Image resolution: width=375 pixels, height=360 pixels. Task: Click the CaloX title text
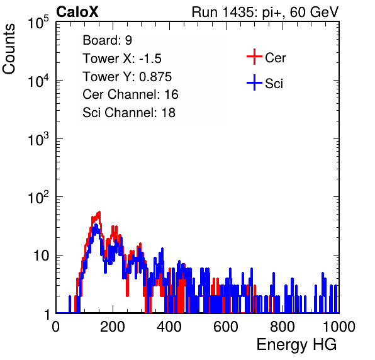tap(77, 12)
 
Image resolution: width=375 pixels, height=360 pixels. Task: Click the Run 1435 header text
tap(266, 12)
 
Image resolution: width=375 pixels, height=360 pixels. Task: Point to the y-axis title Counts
tap(9, 49)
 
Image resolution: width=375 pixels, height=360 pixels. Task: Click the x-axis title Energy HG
tap(296, 345)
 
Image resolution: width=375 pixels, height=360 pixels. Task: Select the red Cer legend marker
tap(254, 57)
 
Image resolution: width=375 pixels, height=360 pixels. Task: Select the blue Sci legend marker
tap(254, 83)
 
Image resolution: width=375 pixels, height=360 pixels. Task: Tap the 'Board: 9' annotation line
tap(108, 40)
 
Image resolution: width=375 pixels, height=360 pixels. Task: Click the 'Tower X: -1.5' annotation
tap(122, 59)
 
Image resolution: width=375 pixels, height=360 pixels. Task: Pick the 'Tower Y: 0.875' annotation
tap(127, 77)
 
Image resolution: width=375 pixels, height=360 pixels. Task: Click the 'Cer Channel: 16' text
tap(130, 94)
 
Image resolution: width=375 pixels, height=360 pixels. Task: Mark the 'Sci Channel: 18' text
tap(129, 113)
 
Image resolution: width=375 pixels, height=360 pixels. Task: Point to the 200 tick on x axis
tap(113, 327)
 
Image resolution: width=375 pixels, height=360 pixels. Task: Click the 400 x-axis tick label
tap(169, 327)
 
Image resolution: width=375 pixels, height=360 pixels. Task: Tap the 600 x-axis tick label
tap(226, 327)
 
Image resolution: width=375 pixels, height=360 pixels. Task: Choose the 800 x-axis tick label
tap(283, 327)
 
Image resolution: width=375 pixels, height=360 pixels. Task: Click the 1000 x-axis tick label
tap(339, 327)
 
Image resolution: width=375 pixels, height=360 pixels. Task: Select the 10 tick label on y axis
tap(42, 256)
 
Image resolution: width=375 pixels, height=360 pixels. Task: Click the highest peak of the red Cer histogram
tap(99, 212)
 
